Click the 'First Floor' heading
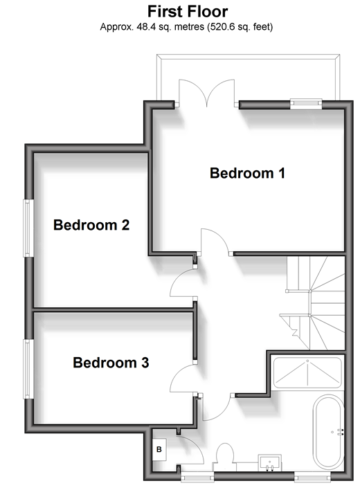[188, 12]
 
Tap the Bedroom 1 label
[247, 173]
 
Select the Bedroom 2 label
[91, 225]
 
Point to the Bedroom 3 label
[111, 363]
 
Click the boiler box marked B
[159, 449]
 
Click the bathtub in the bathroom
[328, 432]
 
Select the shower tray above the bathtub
[307, 372]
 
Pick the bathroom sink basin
[270, 462]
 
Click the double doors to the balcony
[206, 93]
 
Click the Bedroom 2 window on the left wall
[28, 228]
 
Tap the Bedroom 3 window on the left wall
[28, 369]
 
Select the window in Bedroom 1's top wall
[306, 104]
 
